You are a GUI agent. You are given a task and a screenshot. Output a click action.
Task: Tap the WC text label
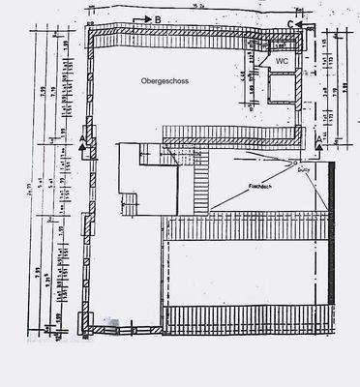(x=282, y=60)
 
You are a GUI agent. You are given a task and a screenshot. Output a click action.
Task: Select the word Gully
(x=302, y=168)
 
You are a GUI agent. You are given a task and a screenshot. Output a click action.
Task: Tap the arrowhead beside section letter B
(x=142, y=18)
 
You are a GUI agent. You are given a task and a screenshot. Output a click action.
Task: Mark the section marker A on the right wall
(x=319, y=139)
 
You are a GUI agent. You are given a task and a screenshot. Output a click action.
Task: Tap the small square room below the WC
(x=281, y=89)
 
